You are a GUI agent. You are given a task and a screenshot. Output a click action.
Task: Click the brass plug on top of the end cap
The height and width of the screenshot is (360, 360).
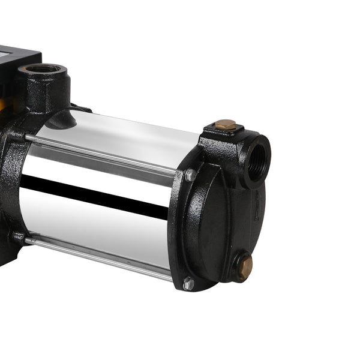[x=226, y=125]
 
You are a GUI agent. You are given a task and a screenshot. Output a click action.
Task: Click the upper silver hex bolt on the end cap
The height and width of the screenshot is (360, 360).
[x=190, y=175]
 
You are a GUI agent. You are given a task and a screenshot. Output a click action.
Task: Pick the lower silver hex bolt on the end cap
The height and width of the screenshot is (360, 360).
[x=188, y=283]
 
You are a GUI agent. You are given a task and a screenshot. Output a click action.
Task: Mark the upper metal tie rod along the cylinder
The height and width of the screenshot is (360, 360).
[x=102, y=151]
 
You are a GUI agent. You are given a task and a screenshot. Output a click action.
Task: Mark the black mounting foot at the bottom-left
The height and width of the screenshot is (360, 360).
[x=7, y=252]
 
